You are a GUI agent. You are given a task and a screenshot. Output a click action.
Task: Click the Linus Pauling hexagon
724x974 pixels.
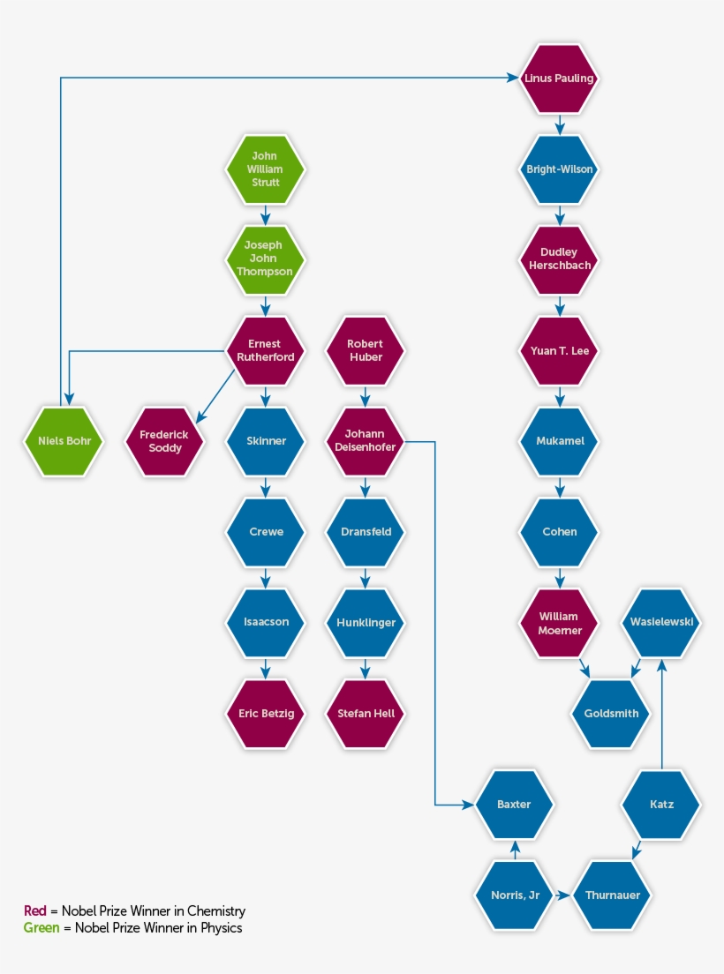click(559, 79)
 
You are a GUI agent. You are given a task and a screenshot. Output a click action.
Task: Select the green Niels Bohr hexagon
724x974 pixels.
click(64, 441)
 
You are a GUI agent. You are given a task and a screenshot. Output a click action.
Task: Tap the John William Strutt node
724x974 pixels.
click(266, 169)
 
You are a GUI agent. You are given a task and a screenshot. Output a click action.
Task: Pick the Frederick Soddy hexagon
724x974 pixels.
click(165, 441)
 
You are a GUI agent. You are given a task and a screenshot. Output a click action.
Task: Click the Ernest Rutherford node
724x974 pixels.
click(266, 350)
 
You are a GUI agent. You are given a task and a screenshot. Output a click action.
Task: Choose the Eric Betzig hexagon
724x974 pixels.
click(266, 713)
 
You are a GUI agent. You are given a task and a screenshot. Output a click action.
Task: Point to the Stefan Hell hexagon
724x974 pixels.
click(366, 713)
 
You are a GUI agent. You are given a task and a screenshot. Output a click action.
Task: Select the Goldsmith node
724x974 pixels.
click(611, 713)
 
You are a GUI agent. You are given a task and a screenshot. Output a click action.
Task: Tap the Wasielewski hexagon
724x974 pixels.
click(661, 622)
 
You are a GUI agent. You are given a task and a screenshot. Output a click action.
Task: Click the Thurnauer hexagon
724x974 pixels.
click(612, 895)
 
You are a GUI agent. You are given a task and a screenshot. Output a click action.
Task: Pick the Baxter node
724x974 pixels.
click(514, 805)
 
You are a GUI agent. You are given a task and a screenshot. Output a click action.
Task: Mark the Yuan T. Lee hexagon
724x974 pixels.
click(559, 350)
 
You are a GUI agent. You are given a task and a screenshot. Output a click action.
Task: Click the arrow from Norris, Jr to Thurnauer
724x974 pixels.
click(562, 895)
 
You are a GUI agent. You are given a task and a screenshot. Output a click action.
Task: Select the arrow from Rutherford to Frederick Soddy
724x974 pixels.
click(215, 396)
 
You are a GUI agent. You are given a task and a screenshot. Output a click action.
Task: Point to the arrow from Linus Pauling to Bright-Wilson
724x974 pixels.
click(559, 124)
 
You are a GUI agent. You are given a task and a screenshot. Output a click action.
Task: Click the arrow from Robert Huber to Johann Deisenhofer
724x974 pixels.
click(366, 396)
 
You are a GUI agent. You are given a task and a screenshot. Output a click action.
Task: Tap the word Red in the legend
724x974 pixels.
click(34, 910)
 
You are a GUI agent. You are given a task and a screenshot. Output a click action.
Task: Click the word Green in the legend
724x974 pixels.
click(41, 927)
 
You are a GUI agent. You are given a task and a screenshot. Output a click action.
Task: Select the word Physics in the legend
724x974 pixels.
click(222, 928)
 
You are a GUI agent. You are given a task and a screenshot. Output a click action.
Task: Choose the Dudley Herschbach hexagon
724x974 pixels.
click(559, 259)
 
